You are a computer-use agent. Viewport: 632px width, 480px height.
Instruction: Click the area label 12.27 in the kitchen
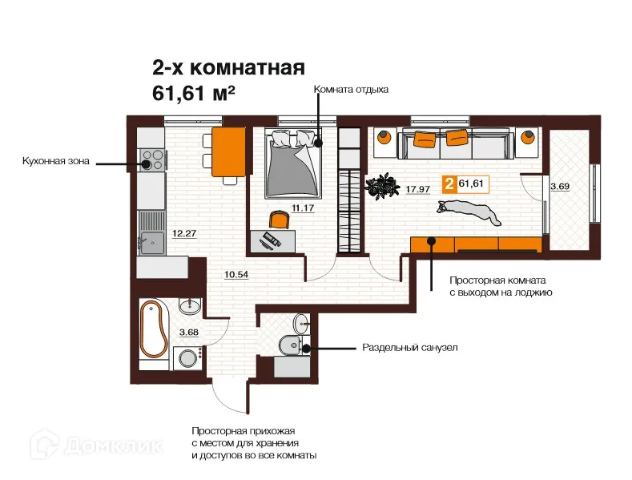point(184,233)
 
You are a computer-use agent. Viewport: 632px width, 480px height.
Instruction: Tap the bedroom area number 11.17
point(303,208)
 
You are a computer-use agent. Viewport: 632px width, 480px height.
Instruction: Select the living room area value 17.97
point(418,189)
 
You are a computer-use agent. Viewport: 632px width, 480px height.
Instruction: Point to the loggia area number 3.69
point(560,187)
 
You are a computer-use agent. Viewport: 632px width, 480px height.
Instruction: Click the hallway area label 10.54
point(236,275)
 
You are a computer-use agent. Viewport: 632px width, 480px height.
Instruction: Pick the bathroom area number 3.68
point(188,333)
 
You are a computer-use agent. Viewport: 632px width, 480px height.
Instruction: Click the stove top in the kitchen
point(152,159)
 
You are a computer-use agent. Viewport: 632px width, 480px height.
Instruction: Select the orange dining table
point(228,152)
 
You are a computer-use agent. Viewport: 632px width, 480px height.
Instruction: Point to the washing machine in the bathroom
point(187,357)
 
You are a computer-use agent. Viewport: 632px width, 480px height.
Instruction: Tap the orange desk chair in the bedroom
point(280,220)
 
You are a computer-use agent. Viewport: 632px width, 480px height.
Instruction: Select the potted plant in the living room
point(380,186)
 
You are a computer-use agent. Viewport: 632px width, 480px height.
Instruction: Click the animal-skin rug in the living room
point(469,212)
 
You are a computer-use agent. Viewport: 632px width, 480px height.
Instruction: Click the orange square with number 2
point(449,184)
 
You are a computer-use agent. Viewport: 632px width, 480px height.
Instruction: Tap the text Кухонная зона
point(55,162)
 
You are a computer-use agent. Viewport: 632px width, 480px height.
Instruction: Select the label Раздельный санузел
point(410,347)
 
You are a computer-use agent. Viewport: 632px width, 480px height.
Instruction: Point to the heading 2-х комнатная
point(228,68)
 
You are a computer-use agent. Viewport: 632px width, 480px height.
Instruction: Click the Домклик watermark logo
point(98,446)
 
